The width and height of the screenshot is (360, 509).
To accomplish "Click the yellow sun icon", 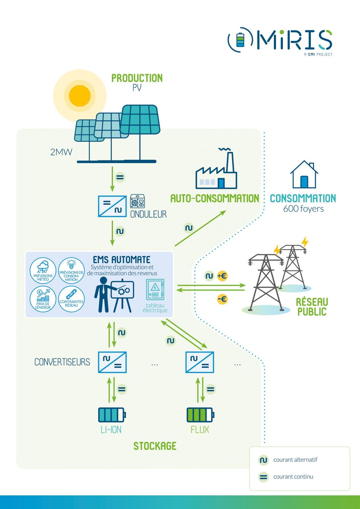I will pos(79,96).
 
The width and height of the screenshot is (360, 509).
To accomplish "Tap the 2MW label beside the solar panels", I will pos(61,152).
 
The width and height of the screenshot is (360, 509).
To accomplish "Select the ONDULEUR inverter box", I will pos(112,206).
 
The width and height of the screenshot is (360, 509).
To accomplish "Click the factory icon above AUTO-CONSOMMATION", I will pos(216,174).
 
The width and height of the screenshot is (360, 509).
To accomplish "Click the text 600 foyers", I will pos(303,209).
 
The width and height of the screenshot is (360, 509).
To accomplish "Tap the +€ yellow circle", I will pos(222,276).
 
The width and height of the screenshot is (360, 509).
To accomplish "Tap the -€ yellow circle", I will pos(222,299).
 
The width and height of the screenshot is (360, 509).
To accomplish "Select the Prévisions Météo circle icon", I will pos(43,270).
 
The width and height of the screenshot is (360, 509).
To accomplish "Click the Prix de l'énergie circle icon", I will pos(43,299).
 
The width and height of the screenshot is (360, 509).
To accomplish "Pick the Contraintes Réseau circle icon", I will pos(71,299).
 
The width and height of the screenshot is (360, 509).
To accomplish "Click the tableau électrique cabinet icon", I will pos(155,289).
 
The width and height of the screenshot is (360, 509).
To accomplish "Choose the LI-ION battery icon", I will pos(112,415).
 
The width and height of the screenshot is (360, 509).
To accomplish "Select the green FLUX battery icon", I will pos(200,415).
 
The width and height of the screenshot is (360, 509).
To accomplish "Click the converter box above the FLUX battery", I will pos(200,362).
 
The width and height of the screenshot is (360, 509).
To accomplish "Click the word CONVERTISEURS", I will pos(62,362).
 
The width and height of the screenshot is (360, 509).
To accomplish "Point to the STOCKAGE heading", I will pos(155,446).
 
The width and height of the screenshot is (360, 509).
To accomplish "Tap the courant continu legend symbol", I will pos(263,477).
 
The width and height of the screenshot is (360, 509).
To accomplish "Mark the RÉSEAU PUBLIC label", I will pos(312,307).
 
